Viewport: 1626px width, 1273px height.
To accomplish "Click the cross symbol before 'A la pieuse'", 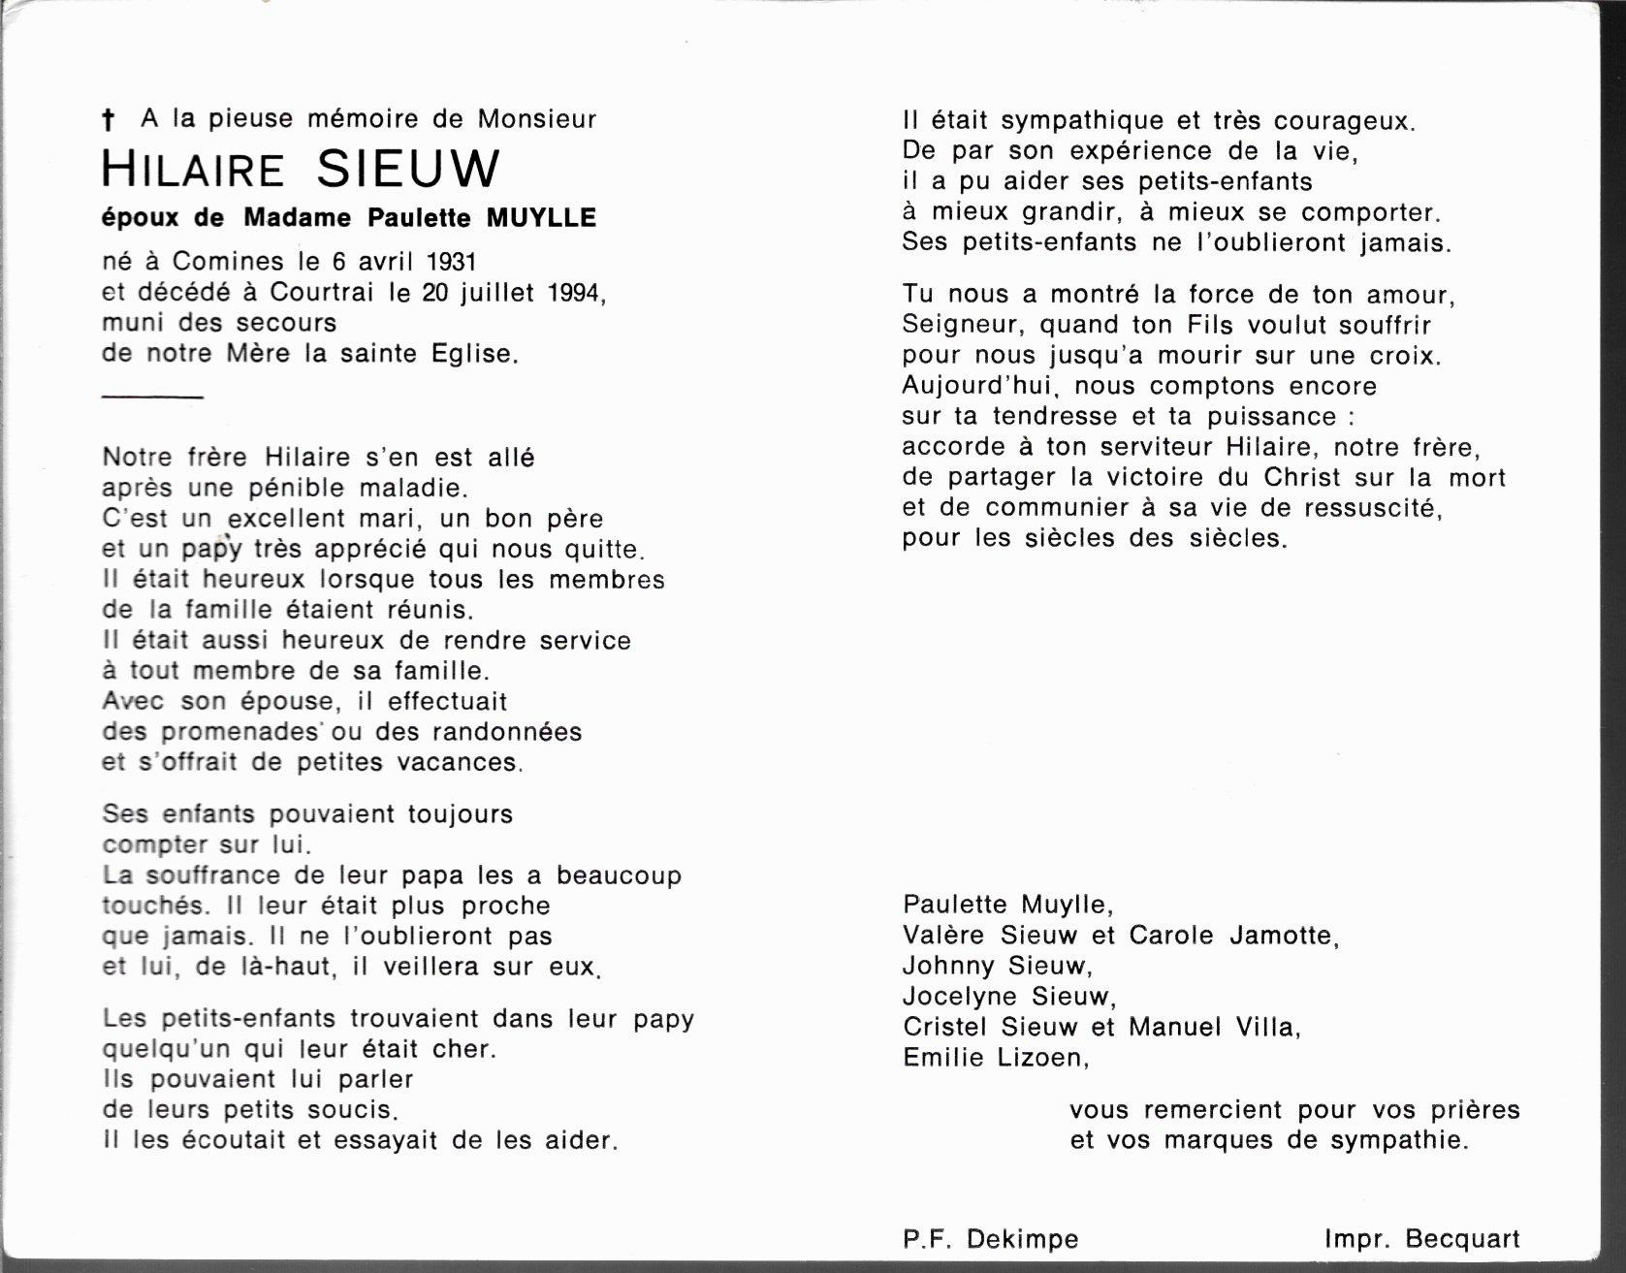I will pyautogui.click(x=109, y=120).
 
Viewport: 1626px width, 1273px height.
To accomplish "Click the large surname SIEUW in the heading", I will pyautogui.click(x=408, y=170).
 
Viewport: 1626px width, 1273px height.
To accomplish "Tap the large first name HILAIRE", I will pyautogui.click(x=193, y=170).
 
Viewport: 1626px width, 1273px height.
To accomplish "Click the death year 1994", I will pyautogui.click(x=573, y=292).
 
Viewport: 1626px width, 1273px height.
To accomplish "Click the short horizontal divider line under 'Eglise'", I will pyautogui.click(x=152, y=397).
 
